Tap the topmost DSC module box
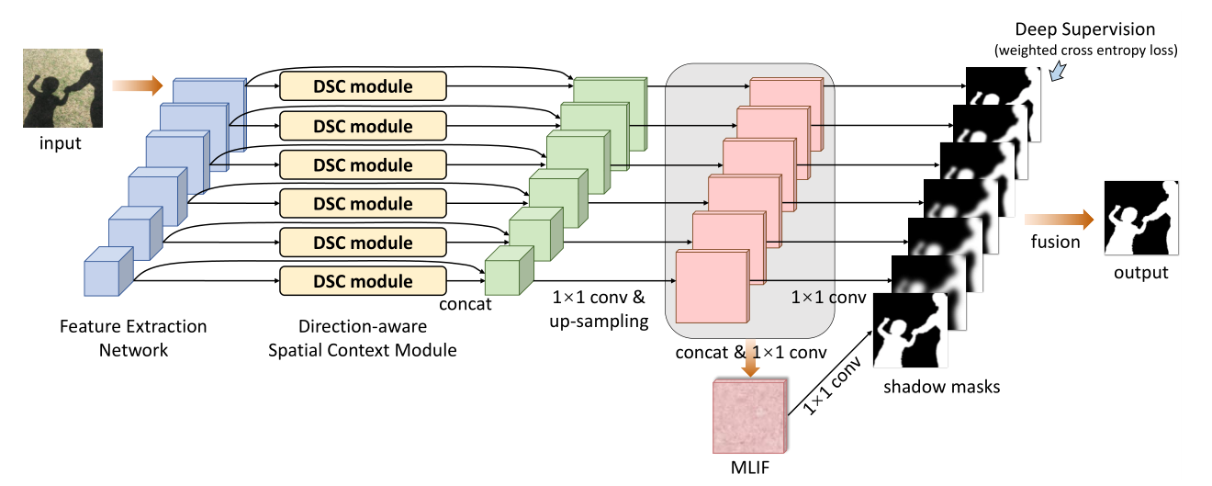pyautogui.click(x=363, y=87)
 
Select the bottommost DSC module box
pyautogui.click(x=363, y=281)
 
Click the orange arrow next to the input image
pyautogui.click(x=137, y=86)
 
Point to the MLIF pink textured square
pyautogui.click(x=750, y=415)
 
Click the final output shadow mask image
pyautogui.click(x=1140, y=219)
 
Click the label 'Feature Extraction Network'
pyautogui.click(x=133, y=337)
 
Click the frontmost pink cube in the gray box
pyautogui.click(x=712, y=284)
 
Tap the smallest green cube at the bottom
pyautogui.click(x=507, y=272)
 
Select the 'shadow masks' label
pyautogui.click(x=941, y=387)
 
